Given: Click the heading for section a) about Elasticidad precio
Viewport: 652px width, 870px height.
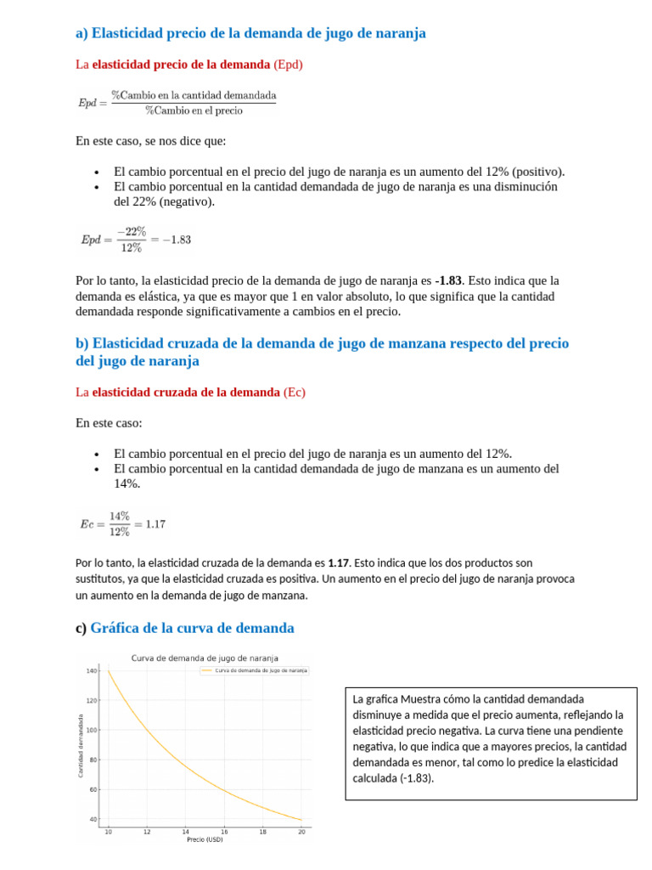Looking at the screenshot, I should coord(250,33).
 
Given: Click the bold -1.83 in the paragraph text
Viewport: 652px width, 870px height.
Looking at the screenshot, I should coord(449,280).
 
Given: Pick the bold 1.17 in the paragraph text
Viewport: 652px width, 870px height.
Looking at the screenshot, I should coord(338,562).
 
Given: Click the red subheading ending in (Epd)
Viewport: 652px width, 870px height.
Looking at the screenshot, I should coord(188,64).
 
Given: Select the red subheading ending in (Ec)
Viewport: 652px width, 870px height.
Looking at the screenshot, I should coord(190,392).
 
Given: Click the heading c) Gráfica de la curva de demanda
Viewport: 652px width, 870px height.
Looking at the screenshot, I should coord(184,628).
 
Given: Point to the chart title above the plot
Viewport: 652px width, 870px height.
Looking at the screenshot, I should coord(204,658).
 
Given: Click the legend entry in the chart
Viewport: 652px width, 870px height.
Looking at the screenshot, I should coord(256,670).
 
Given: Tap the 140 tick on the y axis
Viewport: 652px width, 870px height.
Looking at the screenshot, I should coord(92,671).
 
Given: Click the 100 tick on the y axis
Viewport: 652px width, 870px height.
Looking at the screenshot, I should coord(92,730).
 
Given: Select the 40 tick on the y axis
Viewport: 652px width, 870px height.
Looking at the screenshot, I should coord(93,819).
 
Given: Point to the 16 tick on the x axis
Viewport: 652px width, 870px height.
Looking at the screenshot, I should coord(223,832).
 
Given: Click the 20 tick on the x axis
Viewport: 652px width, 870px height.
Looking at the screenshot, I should coord(301,832).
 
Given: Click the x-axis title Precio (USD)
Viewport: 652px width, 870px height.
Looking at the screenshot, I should coord(204,839).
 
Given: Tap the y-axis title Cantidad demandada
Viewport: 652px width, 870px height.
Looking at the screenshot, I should coord(81,745).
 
